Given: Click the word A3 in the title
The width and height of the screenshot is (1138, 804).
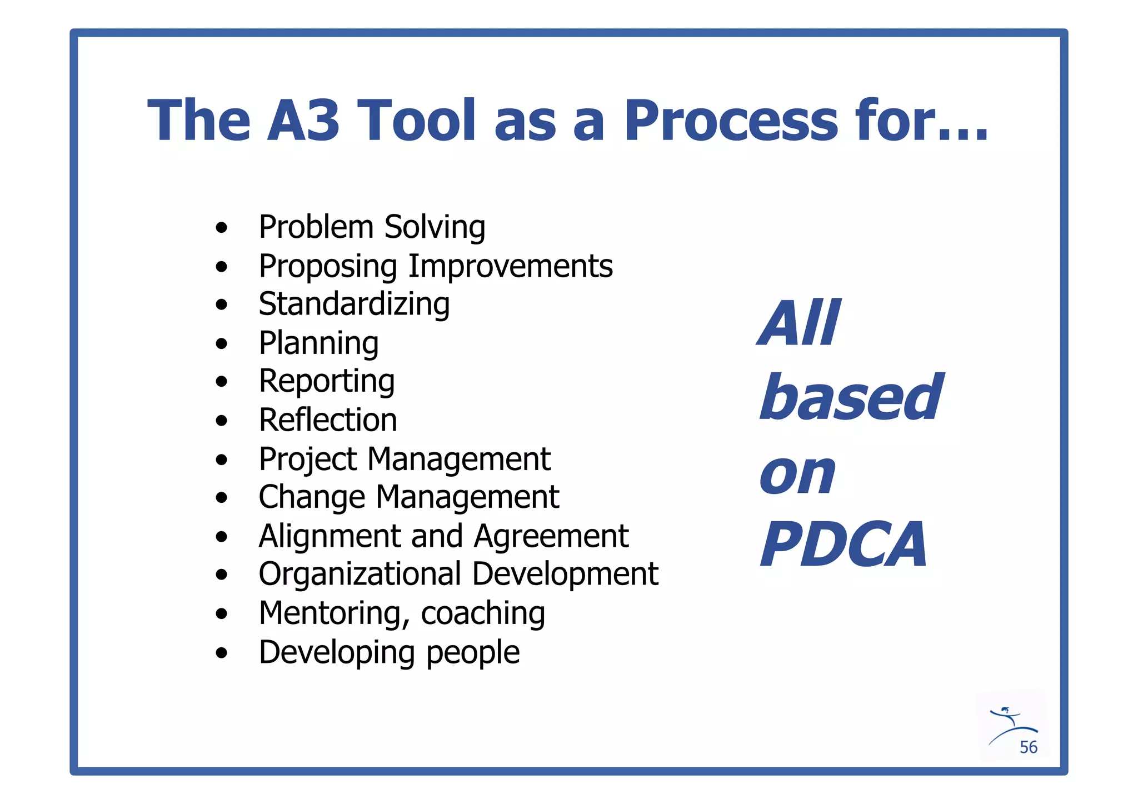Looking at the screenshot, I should point(303,120).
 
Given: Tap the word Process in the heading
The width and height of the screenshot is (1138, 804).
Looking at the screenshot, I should point(731,120).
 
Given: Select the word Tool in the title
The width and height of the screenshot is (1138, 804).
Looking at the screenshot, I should point(416,120).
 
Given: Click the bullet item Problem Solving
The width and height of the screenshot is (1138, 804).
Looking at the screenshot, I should point(372,227).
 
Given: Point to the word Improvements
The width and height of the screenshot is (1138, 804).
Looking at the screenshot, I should point(511,266).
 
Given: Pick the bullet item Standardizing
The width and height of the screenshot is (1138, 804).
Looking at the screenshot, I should point(354,304).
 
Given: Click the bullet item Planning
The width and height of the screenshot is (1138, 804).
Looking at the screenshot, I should point(318,343).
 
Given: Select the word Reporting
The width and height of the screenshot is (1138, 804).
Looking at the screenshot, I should point(327,382).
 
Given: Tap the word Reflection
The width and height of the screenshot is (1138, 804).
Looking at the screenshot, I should point(328,420).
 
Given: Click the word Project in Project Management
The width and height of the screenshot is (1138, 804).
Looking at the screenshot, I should point(308,460).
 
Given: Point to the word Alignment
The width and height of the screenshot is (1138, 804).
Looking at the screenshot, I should point(329,536).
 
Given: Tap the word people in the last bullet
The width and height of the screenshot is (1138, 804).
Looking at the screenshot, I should point(473,652).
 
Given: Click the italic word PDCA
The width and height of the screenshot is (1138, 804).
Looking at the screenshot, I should point(843,545).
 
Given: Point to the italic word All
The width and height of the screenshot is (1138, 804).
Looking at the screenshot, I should point(799,323).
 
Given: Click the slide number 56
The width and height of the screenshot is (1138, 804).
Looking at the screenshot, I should point(1028,747).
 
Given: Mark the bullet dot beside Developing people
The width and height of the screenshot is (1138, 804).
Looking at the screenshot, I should point(222,653).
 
